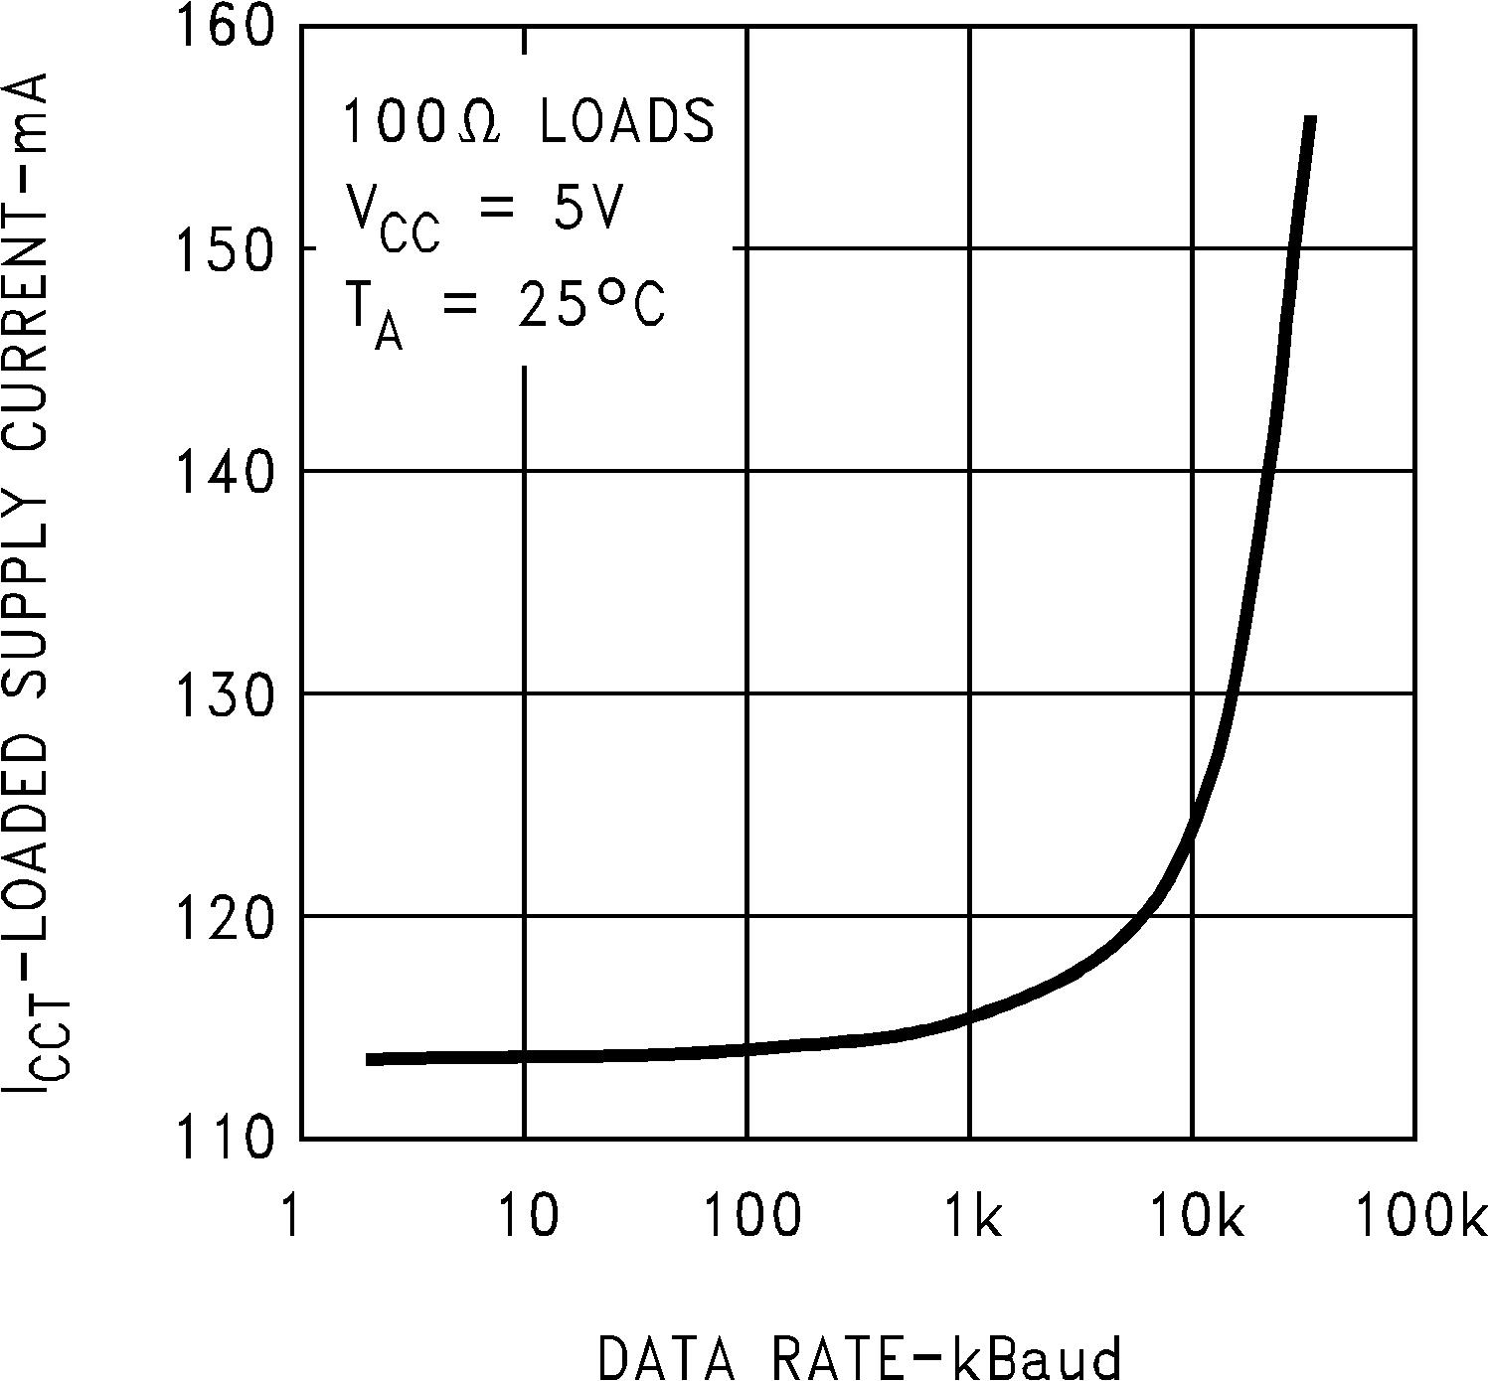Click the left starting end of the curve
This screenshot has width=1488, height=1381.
point(369,1059)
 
